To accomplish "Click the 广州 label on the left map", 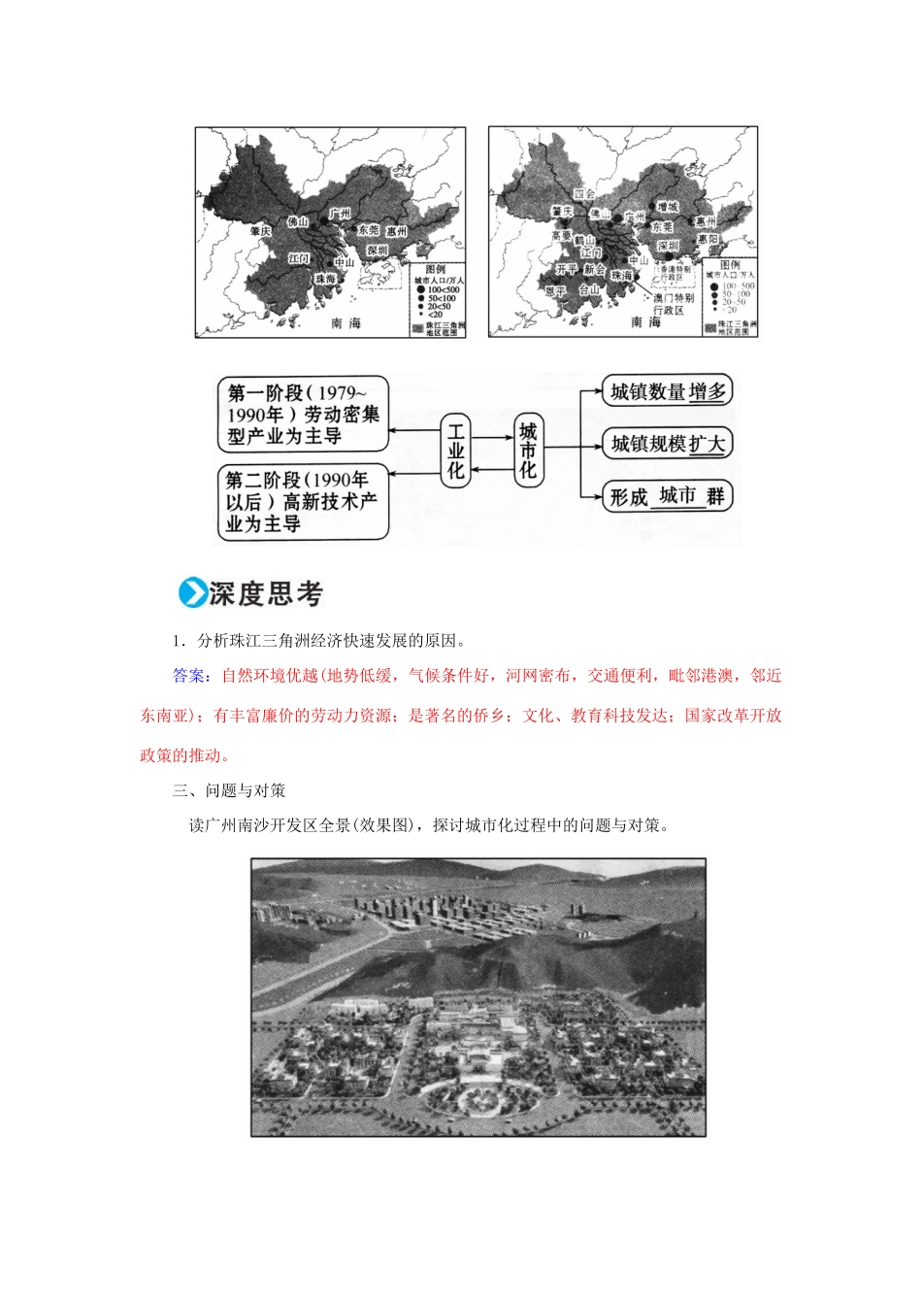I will [x=340, y=213].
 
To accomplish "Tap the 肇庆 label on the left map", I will [x=259, y=231].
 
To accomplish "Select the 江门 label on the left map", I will [x=299, y=258].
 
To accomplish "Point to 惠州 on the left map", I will [x=396, y=232].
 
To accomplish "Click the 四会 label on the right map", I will [x=583, y=193].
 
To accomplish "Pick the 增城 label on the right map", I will [x=667, y=207].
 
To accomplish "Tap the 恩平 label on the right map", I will [x=555, y=289].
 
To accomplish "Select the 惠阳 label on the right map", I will [x=708, y=239].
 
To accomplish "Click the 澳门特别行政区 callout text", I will [x=672, y=304].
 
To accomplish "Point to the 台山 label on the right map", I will [x=589, y=288].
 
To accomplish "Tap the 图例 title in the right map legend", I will [x=730, y=263].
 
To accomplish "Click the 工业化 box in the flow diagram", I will [x=455, y=450].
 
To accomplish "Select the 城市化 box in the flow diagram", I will [x=527, y=450].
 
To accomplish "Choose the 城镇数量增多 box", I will [x=667, y=391].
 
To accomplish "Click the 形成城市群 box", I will [x=667, y=496].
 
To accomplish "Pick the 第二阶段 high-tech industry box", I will [x=302, y=502].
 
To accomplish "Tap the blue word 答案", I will [x=188, y=676].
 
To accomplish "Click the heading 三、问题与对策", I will [x=229, y=790].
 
